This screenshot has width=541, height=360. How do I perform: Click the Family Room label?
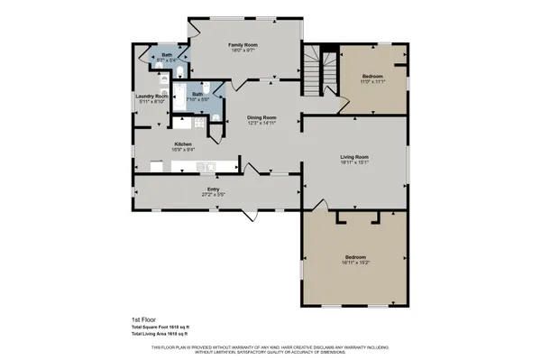(x=243, y=44)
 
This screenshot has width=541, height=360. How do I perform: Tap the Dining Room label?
(x=261, y=117)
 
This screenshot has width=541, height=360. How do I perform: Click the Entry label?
(x=214, y=188)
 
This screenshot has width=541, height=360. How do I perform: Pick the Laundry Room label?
(x=151, y=96)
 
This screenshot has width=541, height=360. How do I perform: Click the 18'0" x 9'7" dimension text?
(x=243, y=51)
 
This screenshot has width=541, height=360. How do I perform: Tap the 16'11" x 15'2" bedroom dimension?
(x=356, y=264)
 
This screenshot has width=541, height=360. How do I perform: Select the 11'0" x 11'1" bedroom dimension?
(x=373, y=81)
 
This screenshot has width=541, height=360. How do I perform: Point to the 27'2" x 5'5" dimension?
(x=214, y=194)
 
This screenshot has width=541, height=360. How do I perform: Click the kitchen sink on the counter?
(x=206, y=166)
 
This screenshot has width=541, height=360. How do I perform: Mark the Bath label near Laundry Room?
(x=167, y=56)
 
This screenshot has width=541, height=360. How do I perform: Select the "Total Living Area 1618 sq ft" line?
(x=161, y=334)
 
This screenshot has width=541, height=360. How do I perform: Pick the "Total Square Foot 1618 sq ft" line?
(x=161, y=327)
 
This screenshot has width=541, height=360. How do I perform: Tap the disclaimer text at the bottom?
(x=270, y=349)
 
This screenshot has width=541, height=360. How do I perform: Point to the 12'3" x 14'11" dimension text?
(x=261, y=124)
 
